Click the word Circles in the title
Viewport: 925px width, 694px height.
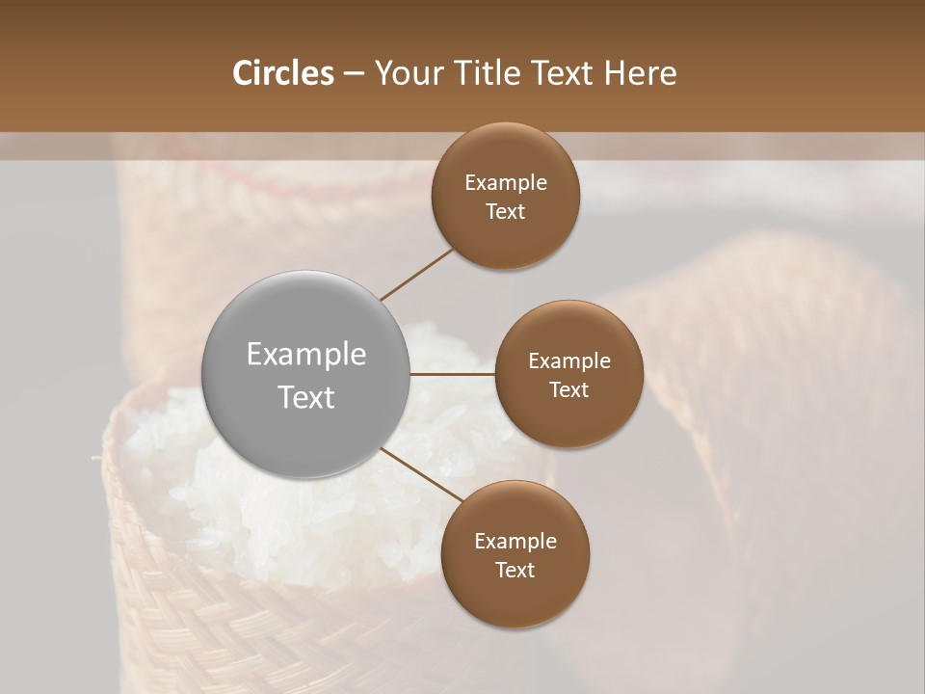click(282, 73)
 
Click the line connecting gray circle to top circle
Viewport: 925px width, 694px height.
click(416, 273)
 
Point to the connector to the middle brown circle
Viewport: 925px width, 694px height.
click(453, 373)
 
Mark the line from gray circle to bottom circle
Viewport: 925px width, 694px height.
click(417, 473)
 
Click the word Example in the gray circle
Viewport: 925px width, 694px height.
click(306, 355)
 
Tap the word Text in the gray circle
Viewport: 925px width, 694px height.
click(306, 397)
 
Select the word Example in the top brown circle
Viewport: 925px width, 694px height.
click(505, 183)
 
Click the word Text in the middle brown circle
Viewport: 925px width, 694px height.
click(568, 390)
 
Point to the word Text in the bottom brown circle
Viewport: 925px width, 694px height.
click(515, 571)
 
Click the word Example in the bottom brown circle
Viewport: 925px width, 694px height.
click(515, 542)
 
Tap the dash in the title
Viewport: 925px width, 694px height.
click(354, 73)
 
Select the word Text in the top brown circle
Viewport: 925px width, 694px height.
click(505, 212)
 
